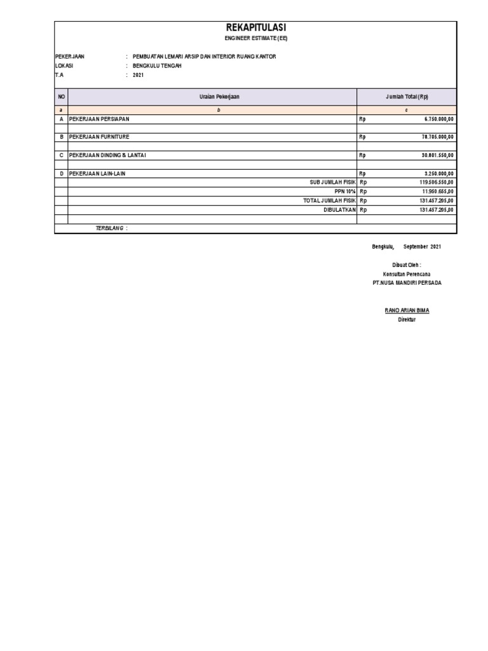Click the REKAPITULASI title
pos(255,28)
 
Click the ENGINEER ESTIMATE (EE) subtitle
pos(255,39)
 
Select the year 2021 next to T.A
pos(139,74)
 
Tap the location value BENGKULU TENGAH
pos(157,65)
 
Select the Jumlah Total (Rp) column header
pos(407,97)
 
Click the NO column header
pos(62,97)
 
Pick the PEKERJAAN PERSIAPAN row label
pos(99,119)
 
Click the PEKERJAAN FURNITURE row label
pos(99,137)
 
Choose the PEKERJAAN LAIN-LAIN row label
pos(98,173)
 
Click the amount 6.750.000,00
pos(434,119)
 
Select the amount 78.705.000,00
pos(433,137)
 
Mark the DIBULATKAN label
pos(339,209)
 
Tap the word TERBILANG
pos(109,228)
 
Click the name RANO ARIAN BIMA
pos(407,310)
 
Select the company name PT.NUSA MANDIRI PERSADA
pos(407,283)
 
